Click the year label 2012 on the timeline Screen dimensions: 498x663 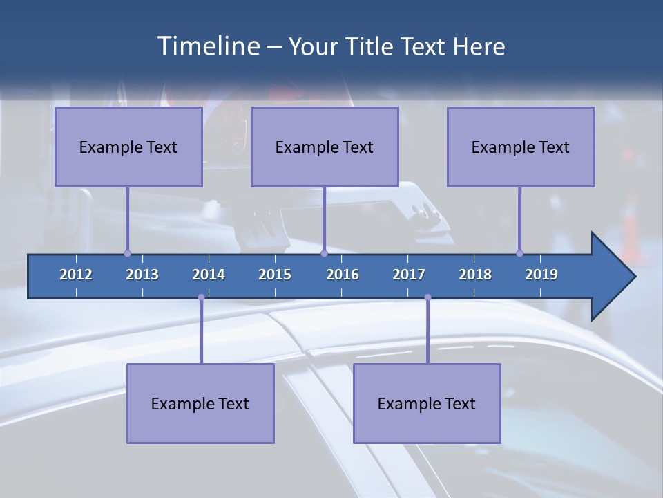tap(76, 275)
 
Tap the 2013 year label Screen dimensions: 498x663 tap(142, 275)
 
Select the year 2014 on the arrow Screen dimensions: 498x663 tap(209, 275)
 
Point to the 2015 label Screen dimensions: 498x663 tap(275, 275)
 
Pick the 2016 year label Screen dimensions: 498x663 tap(343, 275)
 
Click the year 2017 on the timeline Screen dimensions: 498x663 tap(409, 275)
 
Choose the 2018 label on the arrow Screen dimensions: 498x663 tap(475, 275)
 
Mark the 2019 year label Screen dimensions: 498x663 tap(541, 275)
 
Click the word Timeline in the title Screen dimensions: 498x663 tap(207, 46)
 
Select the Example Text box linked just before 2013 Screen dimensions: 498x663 tap(128, 147)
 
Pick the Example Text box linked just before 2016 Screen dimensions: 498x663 tap(325, 147)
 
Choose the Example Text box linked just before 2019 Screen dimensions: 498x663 tap(521, 147)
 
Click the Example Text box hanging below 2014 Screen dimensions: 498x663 tap(200, 403)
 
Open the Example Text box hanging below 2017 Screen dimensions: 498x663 tap(427, 403)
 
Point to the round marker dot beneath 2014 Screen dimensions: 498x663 tap(201, 297)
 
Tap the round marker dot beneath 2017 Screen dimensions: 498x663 tap(427, 297)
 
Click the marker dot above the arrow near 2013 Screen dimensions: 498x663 tap(127, 253)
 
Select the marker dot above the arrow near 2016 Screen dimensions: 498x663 tap(324, 253)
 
